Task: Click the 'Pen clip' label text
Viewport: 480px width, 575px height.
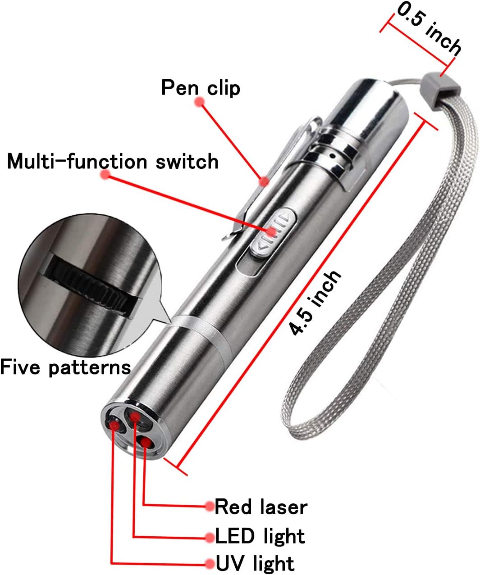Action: pyautogui.click(x=201, y=87)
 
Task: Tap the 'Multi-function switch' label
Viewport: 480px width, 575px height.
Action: pyautogui.click(x=113, y=161)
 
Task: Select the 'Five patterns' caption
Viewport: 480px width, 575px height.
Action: pyautogui.click(x=65, y=367)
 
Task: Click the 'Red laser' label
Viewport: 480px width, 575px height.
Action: pyautogui.click(x=261, y=507)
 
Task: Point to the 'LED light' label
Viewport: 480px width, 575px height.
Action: pyautogui.click(x=260, y=536)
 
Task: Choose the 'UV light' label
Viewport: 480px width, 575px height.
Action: pyautogui.click(x=255, y=564)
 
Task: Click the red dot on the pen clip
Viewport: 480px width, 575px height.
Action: pyautogui.click(x=264, y=181)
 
